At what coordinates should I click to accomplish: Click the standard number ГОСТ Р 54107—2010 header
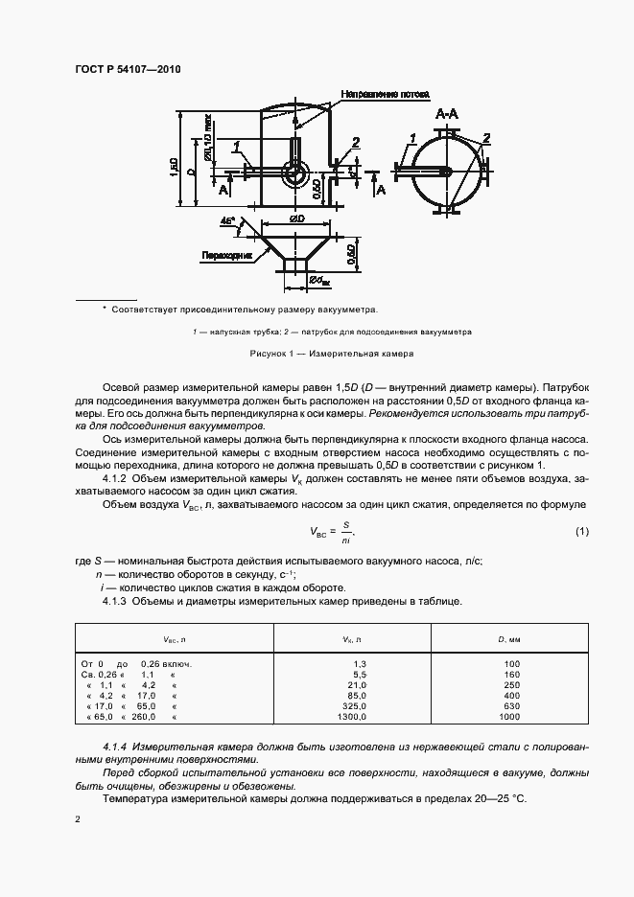point(128,70)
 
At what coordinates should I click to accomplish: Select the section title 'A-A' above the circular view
point(447,115)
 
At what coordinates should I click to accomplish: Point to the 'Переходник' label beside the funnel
point(226,256)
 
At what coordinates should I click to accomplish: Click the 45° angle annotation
point(227,221)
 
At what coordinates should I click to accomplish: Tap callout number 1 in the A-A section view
point(411,139)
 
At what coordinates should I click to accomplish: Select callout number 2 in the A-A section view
point(487,137)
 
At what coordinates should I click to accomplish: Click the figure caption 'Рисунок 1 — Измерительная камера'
point(331,353)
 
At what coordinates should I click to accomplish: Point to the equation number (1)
point(581,531)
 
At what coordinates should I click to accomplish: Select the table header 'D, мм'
point(509,638)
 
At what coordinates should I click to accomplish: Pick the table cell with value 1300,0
point(351,716)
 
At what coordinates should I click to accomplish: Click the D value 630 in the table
point(510,705)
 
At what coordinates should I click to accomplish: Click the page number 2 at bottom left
point(78,820)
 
